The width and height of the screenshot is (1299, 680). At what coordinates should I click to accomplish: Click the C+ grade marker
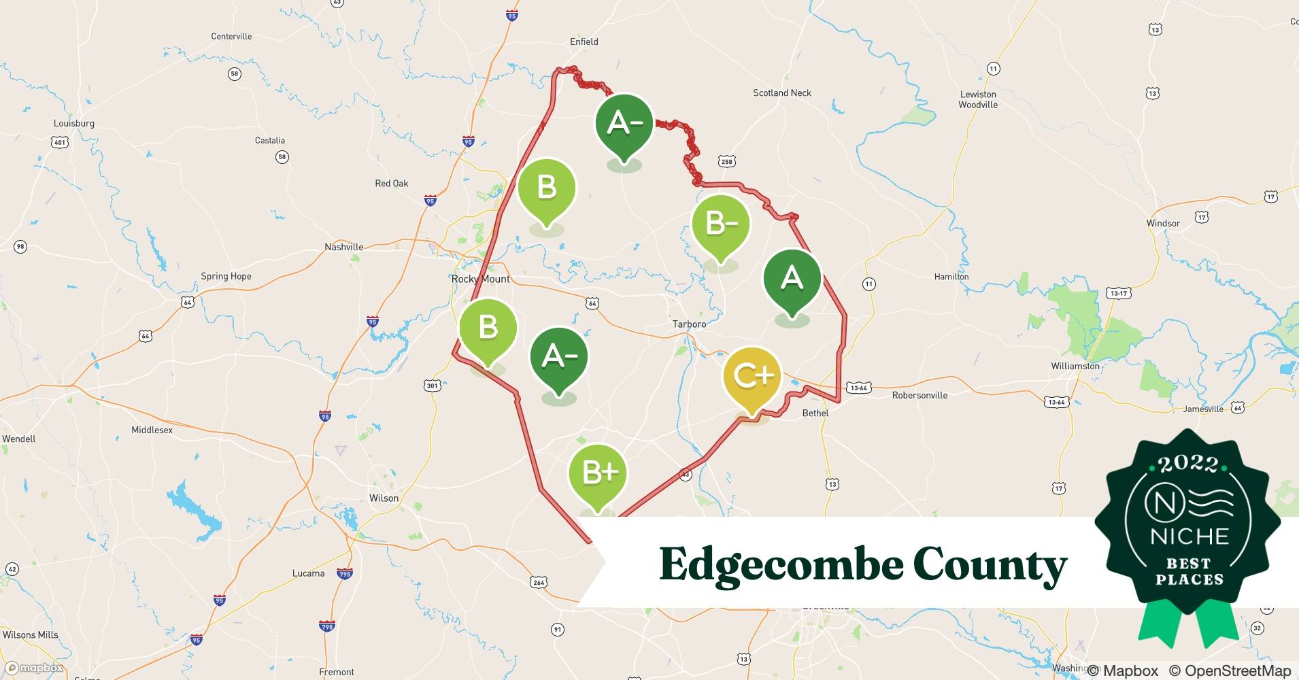752,376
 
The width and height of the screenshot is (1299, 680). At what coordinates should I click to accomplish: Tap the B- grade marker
720,224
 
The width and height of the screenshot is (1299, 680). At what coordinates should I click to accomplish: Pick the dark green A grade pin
792,278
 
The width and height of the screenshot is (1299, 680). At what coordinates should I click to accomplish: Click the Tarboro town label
689,324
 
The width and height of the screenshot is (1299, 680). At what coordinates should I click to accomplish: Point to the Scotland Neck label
781,93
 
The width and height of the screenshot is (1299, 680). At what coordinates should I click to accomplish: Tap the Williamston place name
1075,366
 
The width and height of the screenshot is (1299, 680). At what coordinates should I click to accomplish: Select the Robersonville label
920,395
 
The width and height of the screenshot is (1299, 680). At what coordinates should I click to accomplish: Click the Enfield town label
584,42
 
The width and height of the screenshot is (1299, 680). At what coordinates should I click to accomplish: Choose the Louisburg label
74,124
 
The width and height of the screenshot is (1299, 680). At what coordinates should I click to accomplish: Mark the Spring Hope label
226,277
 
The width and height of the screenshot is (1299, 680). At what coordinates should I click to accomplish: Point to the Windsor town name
1163,224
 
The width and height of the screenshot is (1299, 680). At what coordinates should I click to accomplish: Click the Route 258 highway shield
726,161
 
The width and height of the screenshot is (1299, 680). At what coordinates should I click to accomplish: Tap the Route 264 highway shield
539,582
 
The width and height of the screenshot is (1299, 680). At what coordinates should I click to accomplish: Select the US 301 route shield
432,386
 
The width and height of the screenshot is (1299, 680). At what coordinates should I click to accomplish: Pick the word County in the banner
990,565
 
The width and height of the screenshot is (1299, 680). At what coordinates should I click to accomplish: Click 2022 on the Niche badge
1187,464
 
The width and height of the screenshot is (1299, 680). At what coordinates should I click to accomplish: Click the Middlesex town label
152,430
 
